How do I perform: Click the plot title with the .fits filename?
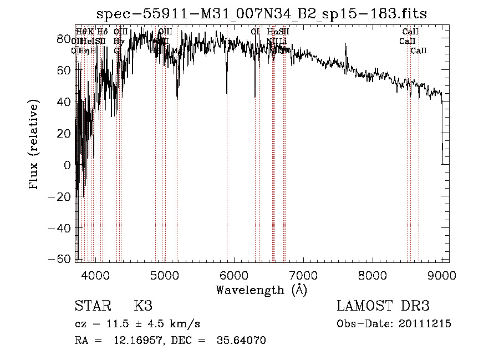(262, 14)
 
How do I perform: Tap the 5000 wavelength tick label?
(165, 275)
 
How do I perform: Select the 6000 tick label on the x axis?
(234, 275)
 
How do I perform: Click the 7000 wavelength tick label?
(303, 275)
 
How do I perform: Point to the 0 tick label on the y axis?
(67, 165)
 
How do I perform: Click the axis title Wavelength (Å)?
(261, 290)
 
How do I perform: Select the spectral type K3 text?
(143, 306)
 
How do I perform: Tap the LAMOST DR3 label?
(383, 306)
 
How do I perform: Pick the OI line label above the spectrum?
(255, 32)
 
